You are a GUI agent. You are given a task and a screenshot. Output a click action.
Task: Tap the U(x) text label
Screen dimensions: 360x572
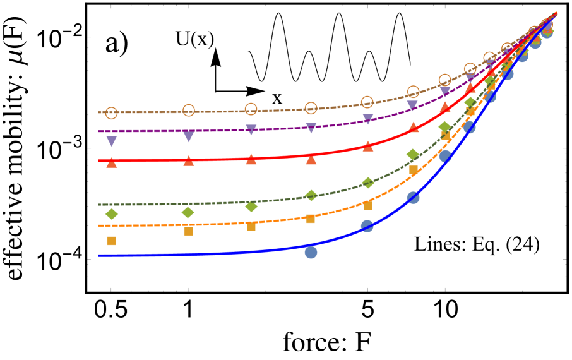(195, 39)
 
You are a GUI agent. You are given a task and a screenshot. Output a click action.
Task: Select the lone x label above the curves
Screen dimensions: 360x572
(277, 98)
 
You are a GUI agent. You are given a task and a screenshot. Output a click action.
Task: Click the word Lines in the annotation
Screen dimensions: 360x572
(434, 244)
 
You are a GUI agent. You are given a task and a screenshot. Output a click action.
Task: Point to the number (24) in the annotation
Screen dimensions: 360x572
(521, 244)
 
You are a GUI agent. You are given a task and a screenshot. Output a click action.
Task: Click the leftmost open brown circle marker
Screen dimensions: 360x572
(112, 113)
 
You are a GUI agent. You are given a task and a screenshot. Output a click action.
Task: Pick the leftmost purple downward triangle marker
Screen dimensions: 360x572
(112, 141)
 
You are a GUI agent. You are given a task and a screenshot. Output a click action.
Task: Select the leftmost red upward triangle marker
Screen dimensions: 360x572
(112, 163)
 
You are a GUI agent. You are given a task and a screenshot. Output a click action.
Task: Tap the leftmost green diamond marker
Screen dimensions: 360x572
(112, 214)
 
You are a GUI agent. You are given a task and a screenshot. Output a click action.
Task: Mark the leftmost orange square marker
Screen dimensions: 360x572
(112, 241)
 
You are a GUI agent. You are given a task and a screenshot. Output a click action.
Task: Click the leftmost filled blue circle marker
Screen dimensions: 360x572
(311, 253)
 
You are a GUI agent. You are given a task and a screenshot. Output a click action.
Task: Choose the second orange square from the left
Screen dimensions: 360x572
(188, 231)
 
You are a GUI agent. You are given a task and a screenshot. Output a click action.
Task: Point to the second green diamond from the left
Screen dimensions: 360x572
(188, 212)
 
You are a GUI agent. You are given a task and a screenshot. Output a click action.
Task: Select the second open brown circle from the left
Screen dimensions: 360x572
(188, 111)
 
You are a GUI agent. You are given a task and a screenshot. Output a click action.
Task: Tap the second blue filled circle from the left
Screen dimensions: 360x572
(367, 226)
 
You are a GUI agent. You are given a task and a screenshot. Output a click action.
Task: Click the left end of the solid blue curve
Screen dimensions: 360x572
(100, 255)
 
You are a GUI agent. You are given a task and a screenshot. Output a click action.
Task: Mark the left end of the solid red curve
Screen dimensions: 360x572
(100, 160)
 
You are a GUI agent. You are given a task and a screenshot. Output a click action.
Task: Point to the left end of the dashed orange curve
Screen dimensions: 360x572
(100, 225)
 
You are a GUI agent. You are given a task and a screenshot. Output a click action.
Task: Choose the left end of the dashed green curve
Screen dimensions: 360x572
(100, 205)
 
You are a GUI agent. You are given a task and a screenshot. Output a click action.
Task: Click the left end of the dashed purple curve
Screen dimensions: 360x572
(100, 131)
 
